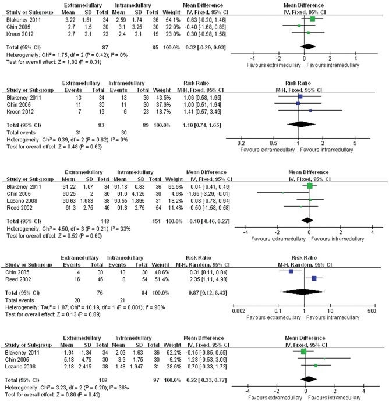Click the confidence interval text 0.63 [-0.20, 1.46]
pyautogui.click(x=206, y=19)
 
